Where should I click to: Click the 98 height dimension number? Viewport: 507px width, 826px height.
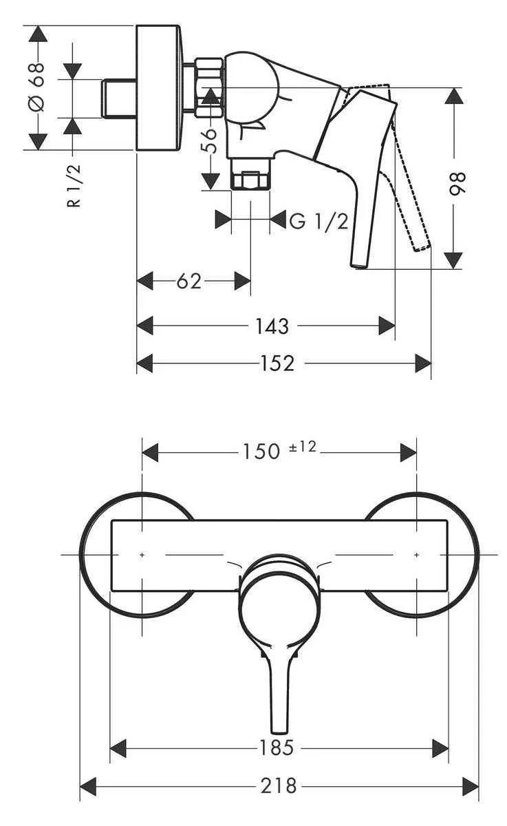pos(457,184)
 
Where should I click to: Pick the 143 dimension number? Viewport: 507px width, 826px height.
pos(272,326)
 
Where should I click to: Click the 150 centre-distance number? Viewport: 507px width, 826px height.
pos(261,452)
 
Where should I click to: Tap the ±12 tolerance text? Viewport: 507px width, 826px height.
pos(301,447)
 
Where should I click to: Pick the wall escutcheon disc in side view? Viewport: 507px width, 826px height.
pos(160,87)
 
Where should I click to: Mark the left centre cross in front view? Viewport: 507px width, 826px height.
pos(142,553)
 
